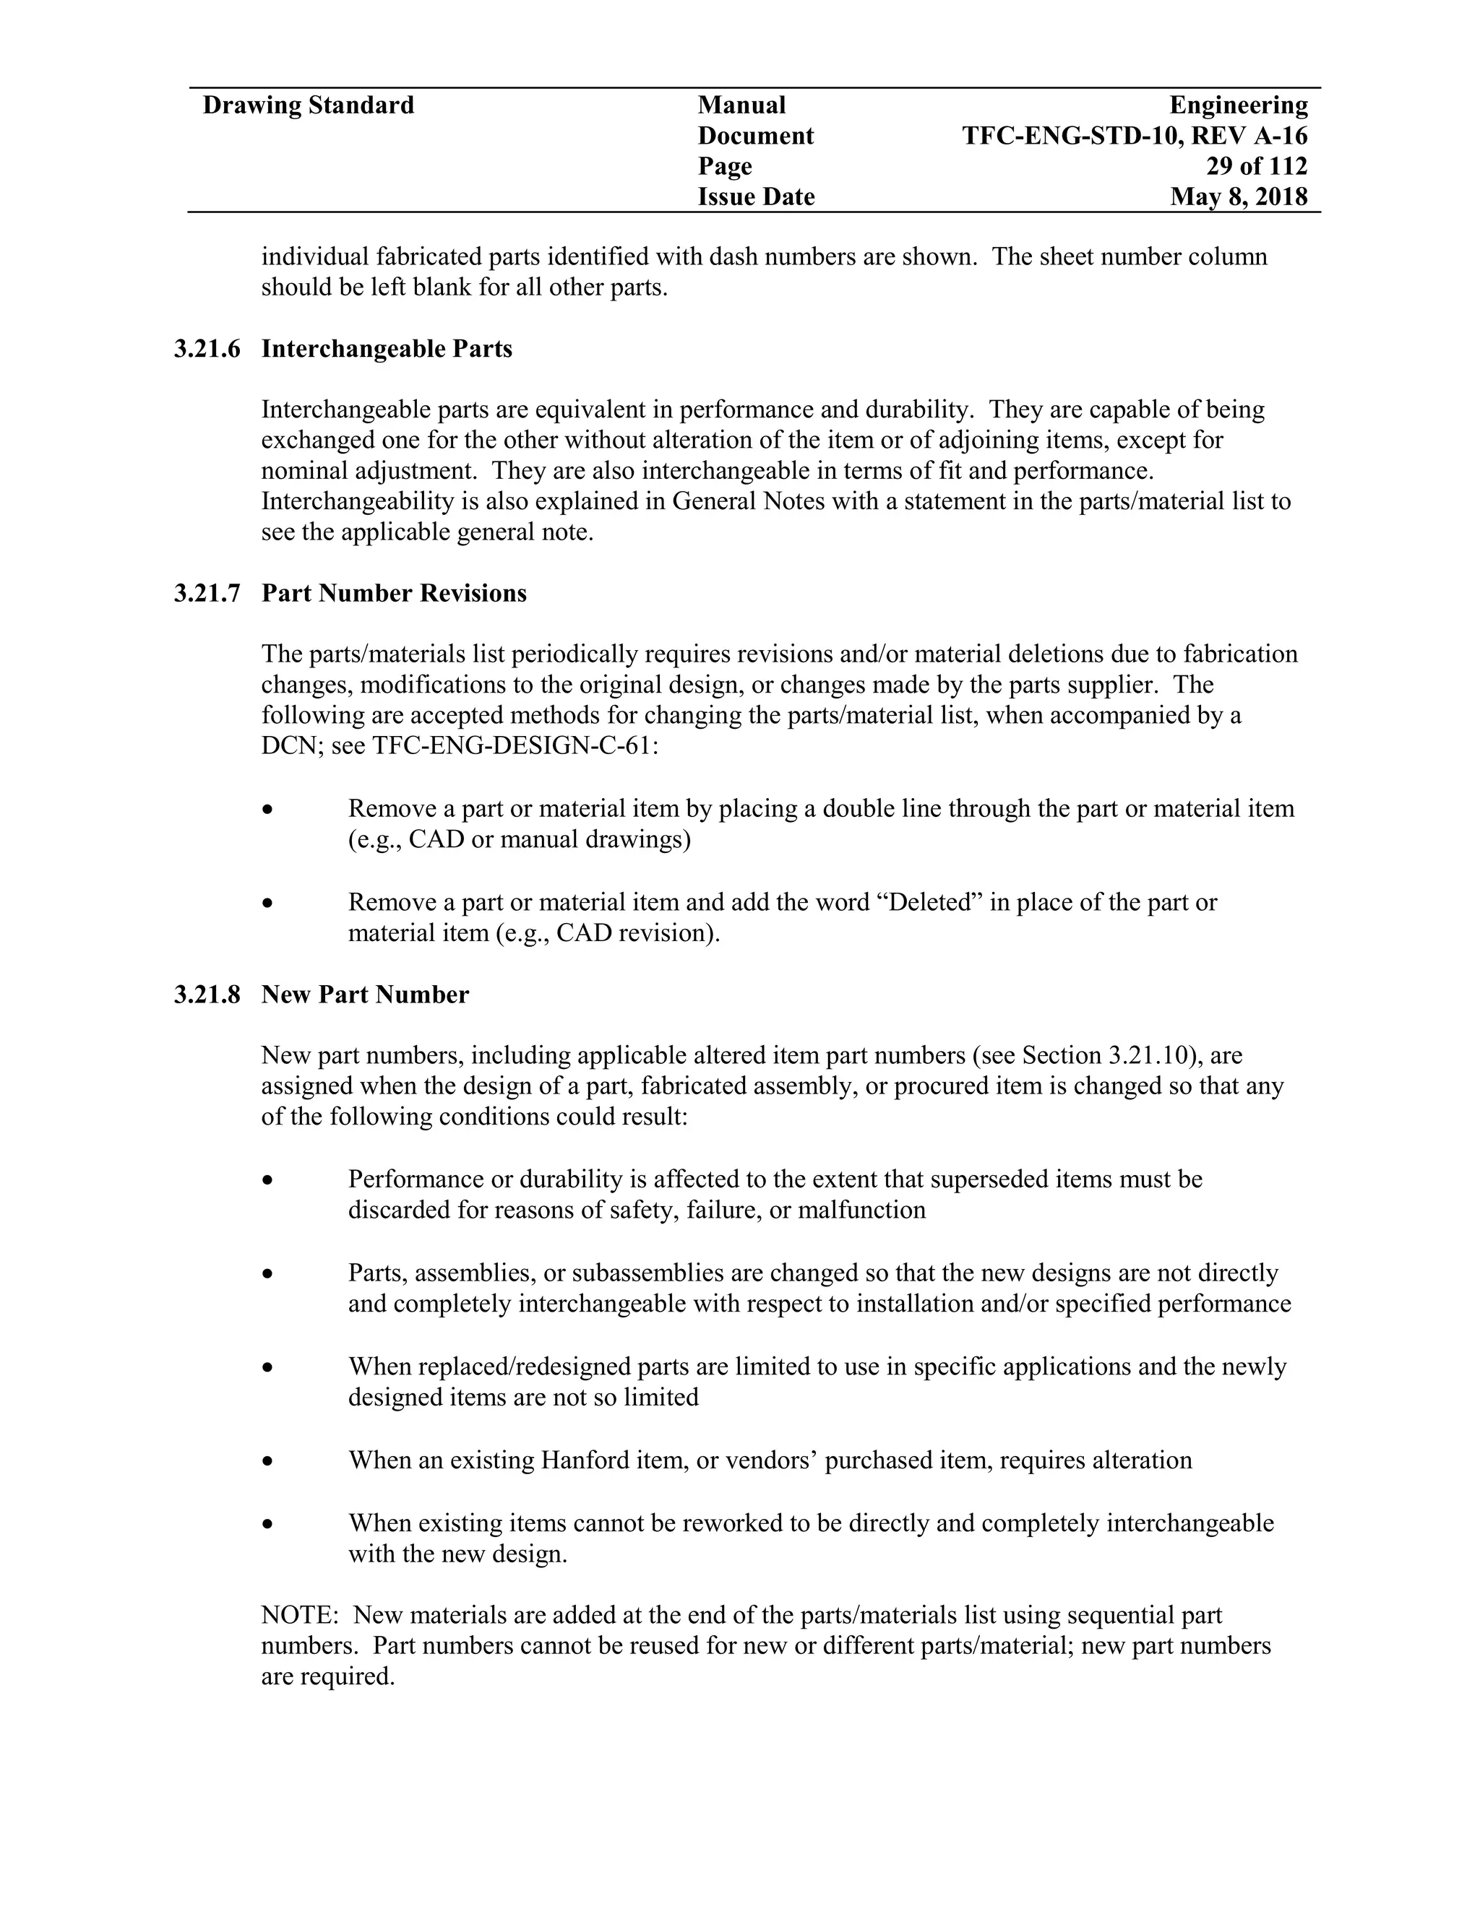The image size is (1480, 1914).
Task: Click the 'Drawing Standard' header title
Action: (308, 105)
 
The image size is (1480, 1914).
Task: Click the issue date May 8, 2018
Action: (1238, 196)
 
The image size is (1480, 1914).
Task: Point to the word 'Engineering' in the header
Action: (1238, 105)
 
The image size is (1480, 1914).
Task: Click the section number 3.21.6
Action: (207, 349)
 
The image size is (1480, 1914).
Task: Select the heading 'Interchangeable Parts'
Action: (387, 349)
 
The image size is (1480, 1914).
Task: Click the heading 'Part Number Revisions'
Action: (394, 593)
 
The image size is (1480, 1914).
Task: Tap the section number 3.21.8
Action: (207, 995)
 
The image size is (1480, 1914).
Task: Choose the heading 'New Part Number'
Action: (365, 995)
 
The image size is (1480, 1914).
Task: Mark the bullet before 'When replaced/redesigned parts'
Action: (268, 1368)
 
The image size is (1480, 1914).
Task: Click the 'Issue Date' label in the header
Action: (756, 196)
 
